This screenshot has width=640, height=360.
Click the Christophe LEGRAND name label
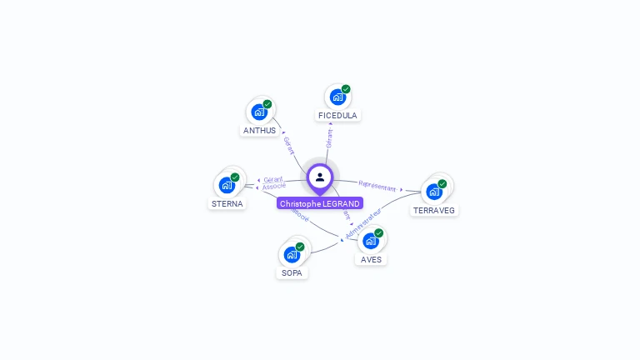[x=320, y=203]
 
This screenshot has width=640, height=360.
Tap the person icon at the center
[x=320, y=177]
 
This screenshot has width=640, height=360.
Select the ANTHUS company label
[x=259, y=130]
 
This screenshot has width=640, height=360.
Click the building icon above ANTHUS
[x=259, y=111]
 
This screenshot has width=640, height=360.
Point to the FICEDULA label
[x=337, y=115]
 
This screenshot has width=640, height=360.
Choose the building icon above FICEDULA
[x=337, y=96]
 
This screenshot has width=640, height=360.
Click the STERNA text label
[x=227, y=203]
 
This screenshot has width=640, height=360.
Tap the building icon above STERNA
[x=227, y=184]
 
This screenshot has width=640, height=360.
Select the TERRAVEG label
[x=434, y=210]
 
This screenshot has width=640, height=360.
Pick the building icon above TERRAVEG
[x=433, y=191]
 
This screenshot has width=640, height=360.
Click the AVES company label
[x=371, y=259]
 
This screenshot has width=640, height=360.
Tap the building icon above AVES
[x=371, y=241]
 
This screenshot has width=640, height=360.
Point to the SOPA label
[x=292, y=272]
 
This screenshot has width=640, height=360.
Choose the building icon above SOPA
[x=292, y=254]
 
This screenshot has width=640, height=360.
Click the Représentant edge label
[x=377, y=186]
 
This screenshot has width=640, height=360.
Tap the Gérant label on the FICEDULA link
[x=330, y=138]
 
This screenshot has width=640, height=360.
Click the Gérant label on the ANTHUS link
[x=288, y=145]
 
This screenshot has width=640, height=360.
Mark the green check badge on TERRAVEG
[x=442, y=183]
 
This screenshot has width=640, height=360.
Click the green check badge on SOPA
[x=300, y=247]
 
